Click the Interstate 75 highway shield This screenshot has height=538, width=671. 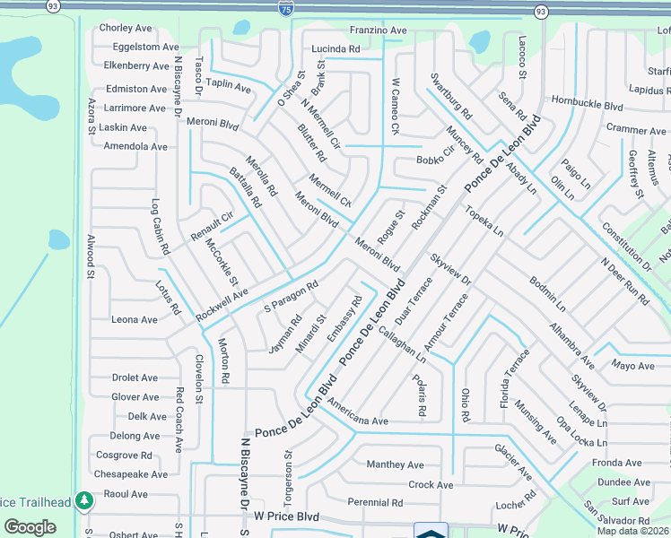285,9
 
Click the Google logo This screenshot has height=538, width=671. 30,527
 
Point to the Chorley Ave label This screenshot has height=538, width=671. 127,28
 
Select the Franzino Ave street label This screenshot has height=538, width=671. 378,30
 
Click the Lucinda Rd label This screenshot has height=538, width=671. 335,48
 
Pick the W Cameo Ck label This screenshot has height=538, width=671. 395,107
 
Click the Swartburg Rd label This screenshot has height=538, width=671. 451,97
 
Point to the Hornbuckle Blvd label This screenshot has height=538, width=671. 587,105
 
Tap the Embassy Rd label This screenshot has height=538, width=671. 344,318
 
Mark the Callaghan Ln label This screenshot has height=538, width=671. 401,342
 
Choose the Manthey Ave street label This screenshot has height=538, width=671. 395,464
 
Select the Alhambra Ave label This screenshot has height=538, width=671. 571,346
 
